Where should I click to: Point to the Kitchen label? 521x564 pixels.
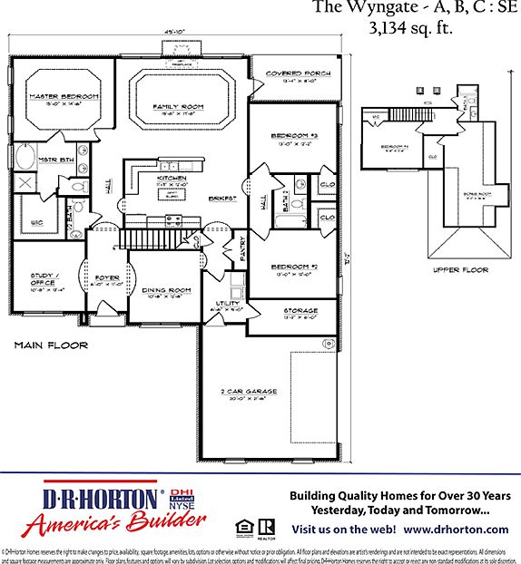point(172,179)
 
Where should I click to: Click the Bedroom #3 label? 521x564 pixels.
point(293,136)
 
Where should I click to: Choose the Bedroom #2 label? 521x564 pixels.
point(293,266)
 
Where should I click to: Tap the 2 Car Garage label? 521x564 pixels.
point(247,391)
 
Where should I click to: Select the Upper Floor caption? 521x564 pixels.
point(461,269)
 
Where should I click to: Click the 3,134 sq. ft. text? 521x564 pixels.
point(410,28)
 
